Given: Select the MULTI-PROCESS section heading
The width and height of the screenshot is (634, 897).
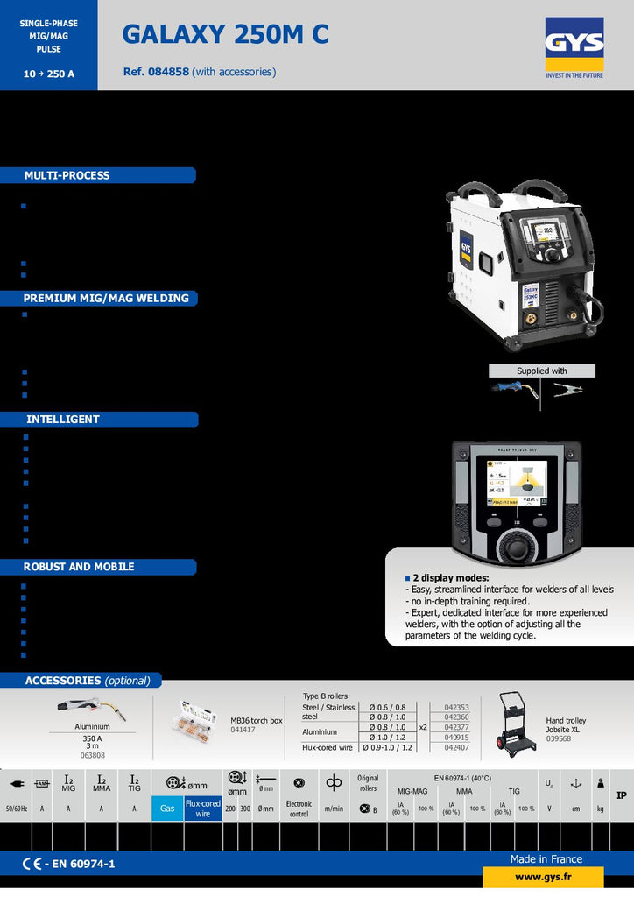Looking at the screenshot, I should pyautogui.click(x=67, y=175).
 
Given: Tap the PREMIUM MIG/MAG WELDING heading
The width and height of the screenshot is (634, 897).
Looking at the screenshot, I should pyautogui.click(x=106, y=298).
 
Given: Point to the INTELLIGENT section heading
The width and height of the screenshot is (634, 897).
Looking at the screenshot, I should pyautogui.click(x=63, y=419).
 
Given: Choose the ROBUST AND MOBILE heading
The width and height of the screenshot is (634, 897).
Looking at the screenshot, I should pyautogui.click(x=79, y=567).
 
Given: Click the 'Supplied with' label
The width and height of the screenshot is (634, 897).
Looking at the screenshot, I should pyautogui.click(x=541, y=371).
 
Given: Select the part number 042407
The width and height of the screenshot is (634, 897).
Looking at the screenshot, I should pyautogui.click(x=456, y=748).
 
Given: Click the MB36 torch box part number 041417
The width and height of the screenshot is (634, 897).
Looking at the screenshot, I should pyautogui.click(x=243, y=730).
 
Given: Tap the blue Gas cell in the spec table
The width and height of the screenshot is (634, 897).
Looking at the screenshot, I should pyautogui.click(x=167, y=809).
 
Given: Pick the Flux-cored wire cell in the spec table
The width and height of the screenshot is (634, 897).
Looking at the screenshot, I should pyautogui.click(x=202, y=809).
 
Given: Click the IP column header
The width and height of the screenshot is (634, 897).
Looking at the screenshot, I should pyautogui.click(x=621, y=795).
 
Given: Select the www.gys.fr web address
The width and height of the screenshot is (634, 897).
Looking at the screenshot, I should pyautogui.click(x=543, y=877).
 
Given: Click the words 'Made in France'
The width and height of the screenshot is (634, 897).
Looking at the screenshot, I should pyautogui.click(x=546, y=859).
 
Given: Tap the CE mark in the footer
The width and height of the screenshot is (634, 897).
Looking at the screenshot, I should pyautogui.click(x=31, y=865).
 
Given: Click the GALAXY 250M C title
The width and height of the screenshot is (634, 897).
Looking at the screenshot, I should pyautogui.click(x=225, y=34).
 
